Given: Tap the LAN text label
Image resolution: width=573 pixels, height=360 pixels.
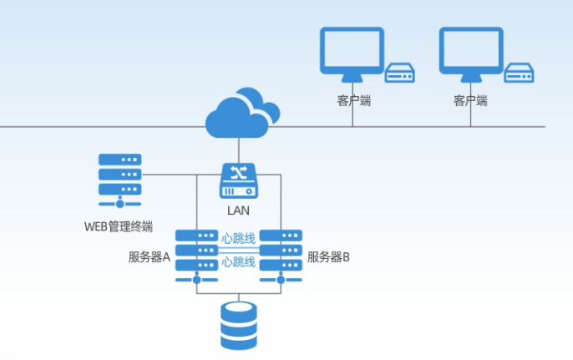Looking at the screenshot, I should coord(238,210).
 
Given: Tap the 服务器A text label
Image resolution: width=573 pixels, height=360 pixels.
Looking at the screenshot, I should coord(150,257).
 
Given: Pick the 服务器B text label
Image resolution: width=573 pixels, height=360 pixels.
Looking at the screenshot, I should coord(328,257).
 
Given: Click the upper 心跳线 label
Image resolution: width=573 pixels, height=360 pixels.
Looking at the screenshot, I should coord(238,237).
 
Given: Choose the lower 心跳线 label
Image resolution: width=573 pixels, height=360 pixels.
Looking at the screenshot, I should coord(238,261).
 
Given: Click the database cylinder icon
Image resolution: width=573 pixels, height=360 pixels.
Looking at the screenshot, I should coord(238,326).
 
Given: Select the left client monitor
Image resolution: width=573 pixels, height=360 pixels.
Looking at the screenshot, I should coord(352,55).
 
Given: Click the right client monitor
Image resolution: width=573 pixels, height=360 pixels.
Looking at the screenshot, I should coord(471,55).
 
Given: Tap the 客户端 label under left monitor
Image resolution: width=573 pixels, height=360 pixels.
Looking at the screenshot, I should coord(352,100).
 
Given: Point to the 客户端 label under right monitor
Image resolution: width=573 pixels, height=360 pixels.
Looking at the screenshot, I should coord(470,100).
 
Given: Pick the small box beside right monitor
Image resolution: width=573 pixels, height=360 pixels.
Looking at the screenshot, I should coord(519,74).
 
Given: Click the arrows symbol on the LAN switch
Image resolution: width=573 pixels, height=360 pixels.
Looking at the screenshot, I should coord(238,172).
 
